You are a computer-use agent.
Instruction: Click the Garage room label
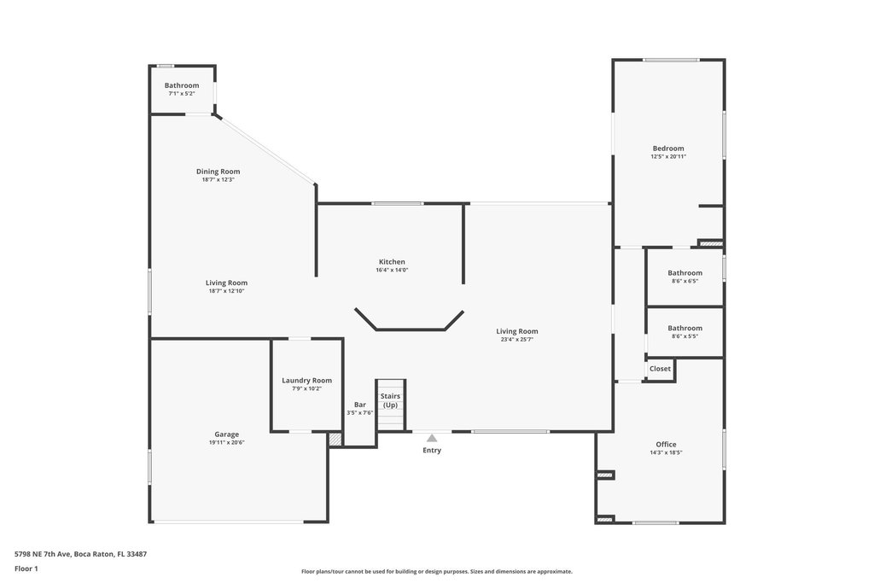226,434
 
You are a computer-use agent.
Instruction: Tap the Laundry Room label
306,380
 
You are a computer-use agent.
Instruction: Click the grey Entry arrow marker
432,438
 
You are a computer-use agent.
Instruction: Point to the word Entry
432,451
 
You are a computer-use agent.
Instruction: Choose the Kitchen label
392,261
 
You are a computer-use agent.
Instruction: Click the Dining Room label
218,171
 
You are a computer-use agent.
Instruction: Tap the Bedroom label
668,148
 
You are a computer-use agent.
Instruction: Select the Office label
666,444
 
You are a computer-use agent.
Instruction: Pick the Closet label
660,369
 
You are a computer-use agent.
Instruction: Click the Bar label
359,404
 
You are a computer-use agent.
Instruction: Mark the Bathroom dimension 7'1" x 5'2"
182,93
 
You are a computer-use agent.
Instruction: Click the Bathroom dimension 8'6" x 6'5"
685,281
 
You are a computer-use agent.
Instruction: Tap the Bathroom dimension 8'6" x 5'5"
685,335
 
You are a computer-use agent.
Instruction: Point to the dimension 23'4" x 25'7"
517,339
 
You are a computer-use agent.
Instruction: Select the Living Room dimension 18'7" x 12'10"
226,290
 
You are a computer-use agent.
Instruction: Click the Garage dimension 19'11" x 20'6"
226,442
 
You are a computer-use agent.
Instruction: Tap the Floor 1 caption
26,568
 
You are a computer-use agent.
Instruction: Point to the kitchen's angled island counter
410,324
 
